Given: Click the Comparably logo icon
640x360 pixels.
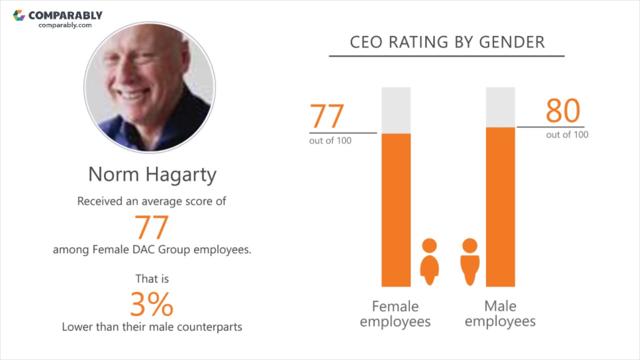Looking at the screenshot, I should [x=19, y=15].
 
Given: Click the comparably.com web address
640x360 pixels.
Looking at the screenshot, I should [x=65, y=25].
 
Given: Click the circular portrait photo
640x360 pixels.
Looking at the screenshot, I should [x=149, y=87].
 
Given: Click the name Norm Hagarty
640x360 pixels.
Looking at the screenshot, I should [x=152, y=174].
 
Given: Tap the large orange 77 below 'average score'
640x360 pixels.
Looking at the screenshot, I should [x=152, y=227].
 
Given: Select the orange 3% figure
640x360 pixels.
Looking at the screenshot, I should [x=152, y=304].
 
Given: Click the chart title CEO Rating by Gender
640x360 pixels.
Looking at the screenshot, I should [x=446, y=42].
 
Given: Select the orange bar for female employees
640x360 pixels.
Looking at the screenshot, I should [x=396, y=210].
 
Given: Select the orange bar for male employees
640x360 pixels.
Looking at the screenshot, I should [x=500, y=207].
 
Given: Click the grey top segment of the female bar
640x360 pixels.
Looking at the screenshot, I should [x=396, y=110].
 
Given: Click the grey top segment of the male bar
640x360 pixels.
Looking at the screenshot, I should [x=500, y=107].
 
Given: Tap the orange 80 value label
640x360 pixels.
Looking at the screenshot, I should [x=562, y=111].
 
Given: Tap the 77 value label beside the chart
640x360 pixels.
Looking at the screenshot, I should [x=327, y=116].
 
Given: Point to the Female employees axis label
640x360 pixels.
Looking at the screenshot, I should [x=395, y=313].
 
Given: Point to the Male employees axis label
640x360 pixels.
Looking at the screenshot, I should [x=500, y=313].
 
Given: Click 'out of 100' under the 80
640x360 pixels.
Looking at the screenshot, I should [x=567, y=134].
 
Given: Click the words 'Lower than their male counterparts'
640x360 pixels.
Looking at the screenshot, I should [x=152, y=327].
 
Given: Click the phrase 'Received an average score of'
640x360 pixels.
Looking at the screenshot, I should [x=151, y=201].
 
